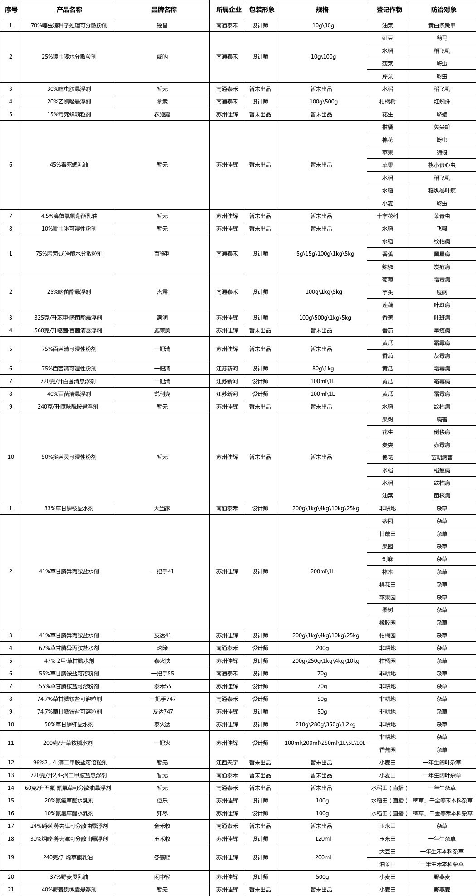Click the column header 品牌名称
click(162, 10)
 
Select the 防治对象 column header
click(442, 10)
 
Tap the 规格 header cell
click(321, 10)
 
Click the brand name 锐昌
click(162, 25)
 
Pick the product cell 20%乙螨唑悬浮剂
click(69, 102)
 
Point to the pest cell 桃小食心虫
click(442, 165)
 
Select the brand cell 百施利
click(162, 254)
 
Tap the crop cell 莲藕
click(388, 305)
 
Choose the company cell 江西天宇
click(227, 763)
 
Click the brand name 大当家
click(162, 508)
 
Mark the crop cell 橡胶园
click(388, 623)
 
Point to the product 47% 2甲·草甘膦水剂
click(69, 661)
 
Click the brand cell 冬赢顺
click(162, 858)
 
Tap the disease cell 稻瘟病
click(442, 470)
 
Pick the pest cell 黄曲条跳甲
click(442, 25)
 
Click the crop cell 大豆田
click(388, 852)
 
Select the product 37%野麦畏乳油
click(69, 877)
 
